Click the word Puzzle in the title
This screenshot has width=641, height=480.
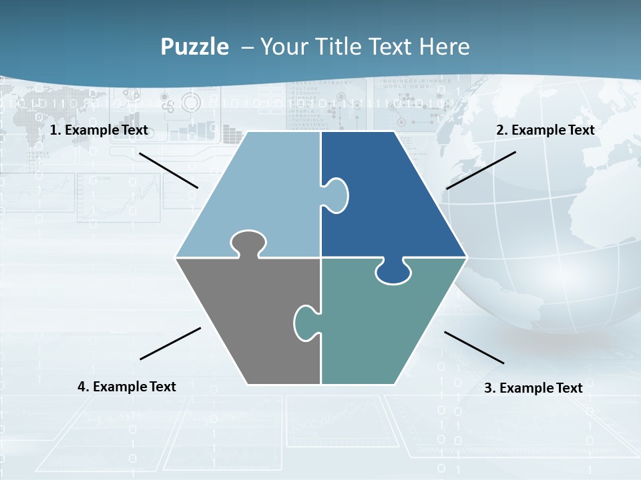(x=194, y=47)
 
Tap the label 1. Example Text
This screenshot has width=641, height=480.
(x=99, y=130)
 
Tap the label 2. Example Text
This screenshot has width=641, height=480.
(x=545, y=130)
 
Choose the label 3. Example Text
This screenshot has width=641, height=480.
(x=533, y=388)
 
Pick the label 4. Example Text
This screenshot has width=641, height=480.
(x=127, y=387)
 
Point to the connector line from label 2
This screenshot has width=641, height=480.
(x=481, y=170)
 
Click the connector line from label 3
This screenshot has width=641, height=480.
(x=474, y=347)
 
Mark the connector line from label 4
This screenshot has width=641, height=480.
(x=170, y=343)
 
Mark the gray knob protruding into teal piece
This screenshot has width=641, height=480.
(x=306, y=323)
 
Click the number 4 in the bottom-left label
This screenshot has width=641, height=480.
(x=81, y=387)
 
